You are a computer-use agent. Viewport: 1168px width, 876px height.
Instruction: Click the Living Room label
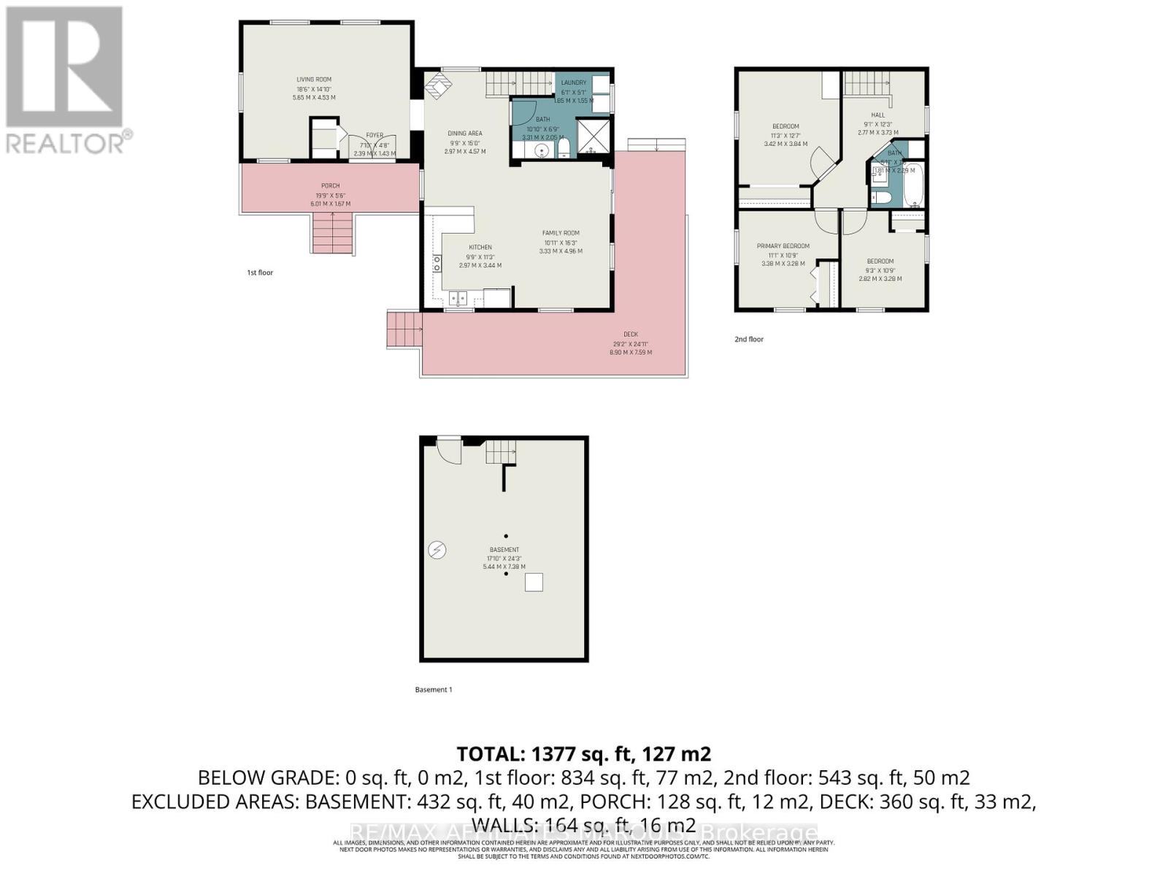[x=314, y=80]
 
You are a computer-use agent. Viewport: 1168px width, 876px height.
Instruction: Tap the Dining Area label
[x=464, y=134]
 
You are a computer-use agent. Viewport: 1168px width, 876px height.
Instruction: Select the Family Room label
[x=561, y=233]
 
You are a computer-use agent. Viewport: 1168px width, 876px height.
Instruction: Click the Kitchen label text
[x=480, y=247]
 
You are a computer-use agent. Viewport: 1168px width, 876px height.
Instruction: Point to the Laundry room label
[x=573, y=82]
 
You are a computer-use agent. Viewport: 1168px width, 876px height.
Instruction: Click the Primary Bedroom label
[x=783, y=246]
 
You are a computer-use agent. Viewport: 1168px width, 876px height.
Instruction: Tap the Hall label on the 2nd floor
[x=877, y=115]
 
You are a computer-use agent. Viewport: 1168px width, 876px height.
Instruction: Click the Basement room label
[x=504, y=550]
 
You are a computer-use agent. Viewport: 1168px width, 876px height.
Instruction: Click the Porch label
[x=330, y=186]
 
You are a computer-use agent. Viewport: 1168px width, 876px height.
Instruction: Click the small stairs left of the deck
[x=404, y=329]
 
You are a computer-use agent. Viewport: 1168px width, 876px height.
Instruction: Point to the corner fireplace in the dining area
[x=439, y=85]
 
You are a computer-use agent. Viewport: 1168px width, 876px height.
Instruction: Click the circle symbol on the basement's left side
[x=437, y=550]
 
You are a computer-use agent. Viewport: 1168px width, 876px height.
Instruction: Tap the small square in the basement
[x=534, y=583]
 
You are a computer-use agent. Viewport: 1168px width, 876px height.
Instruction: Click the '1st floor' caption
[x=260, y=272]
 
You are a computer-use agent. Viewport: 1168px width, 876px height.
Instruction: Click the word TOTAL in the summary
[x=490, y=753]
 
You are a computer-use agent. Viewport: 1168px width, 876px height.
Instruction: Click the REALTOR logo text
[x=66, y=142]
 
